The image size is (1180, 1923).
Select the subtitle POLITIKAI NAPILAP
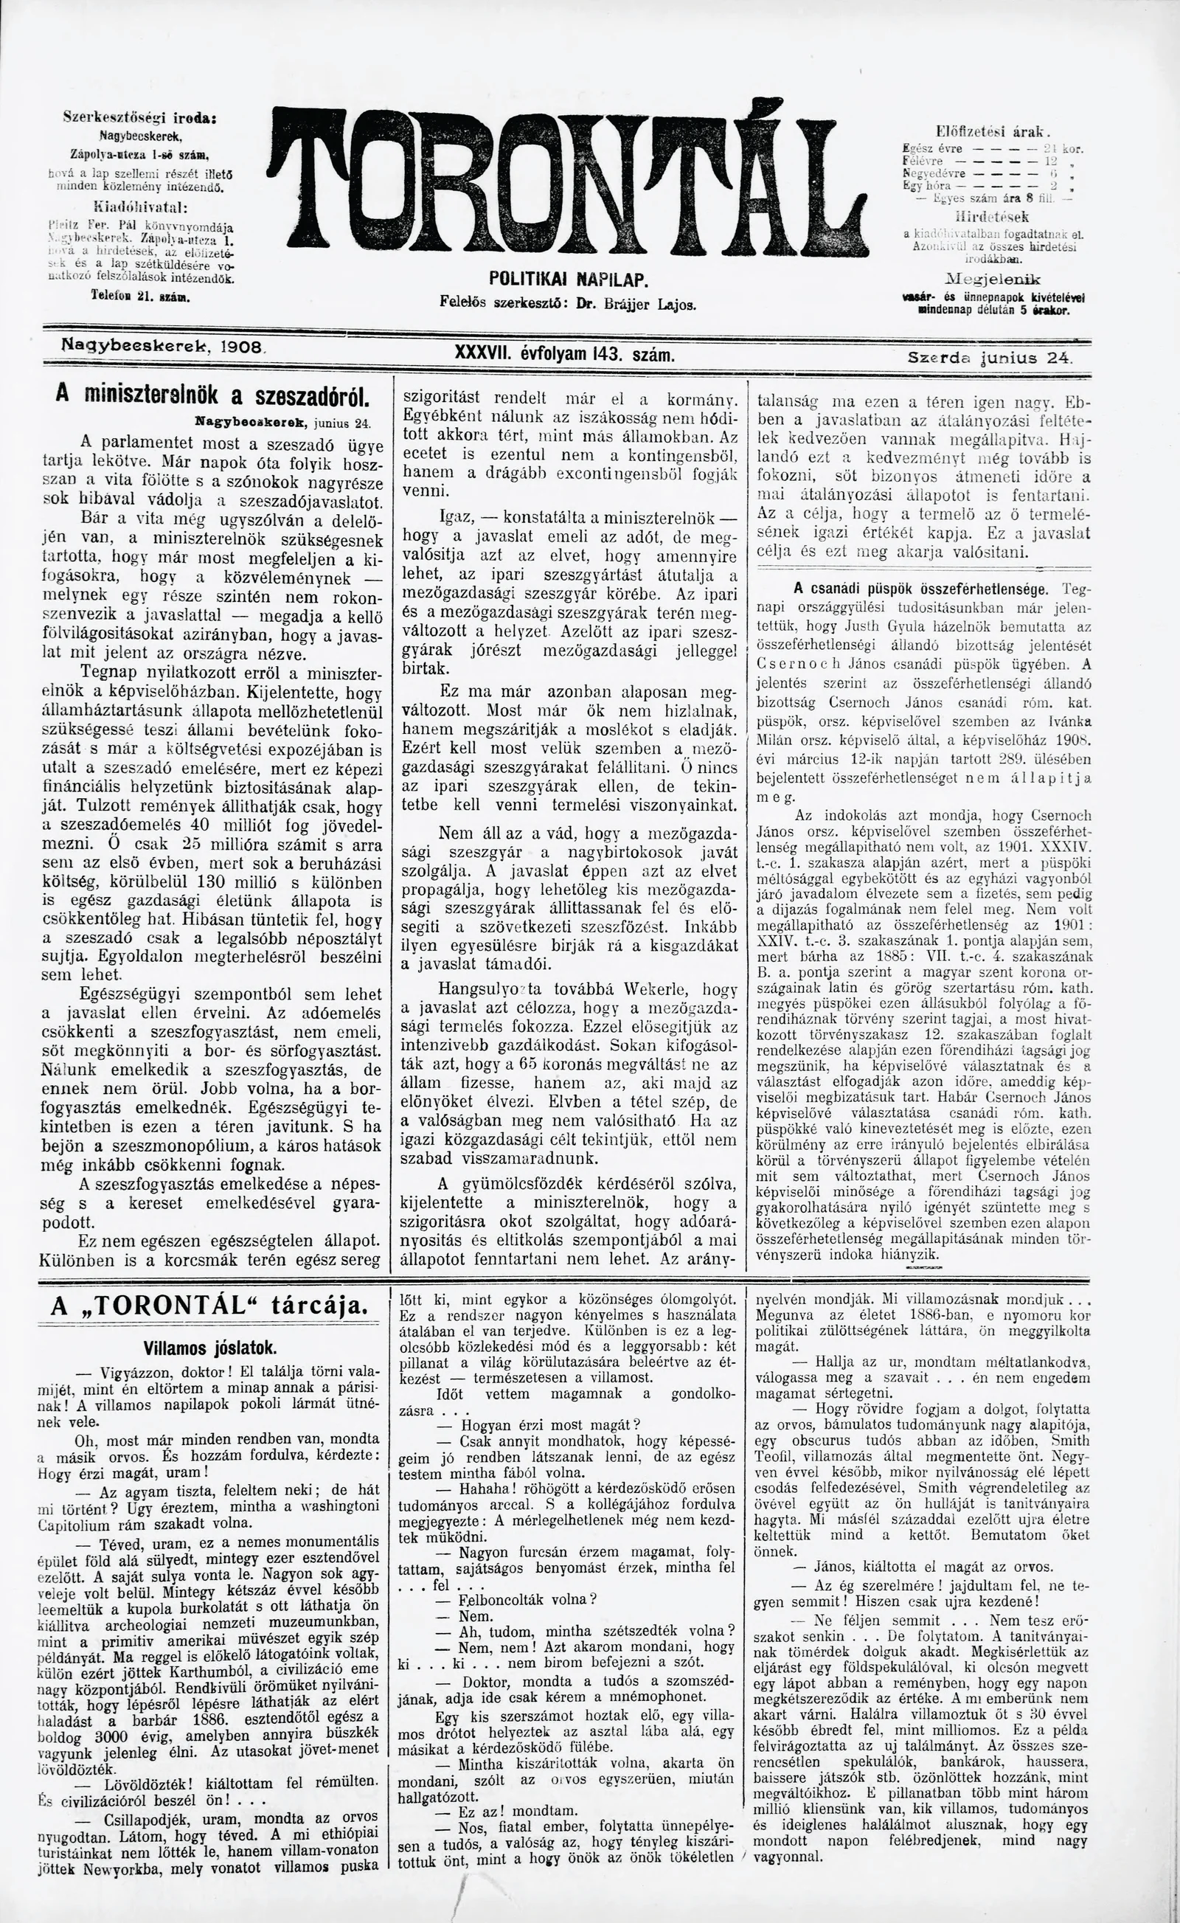(x=569, y=279)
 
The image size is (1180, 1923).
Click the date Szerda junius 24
(x=990, y=358)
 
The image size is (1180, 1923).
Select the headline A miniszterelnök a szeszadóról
(x=212, y=395)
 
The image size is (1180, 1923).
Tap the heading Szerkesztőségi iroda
(x=139, y=118)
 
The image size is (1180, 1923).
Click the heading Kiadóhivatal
(x=139, y=207)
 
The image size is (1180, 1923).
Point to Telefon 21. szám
(x=140, y=297)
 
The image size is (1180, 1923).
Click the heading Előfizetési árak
(x=993, y=131)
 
